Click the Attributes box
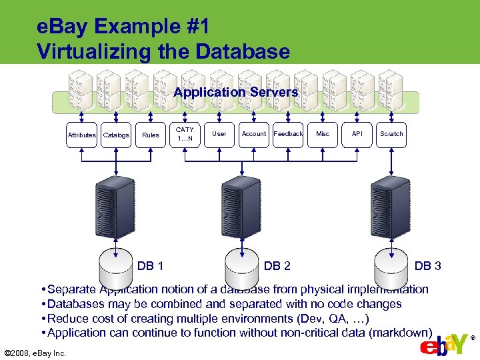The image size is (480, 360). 81,134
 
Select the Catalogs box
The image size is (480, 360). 116,134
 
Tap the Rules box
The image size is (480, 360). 151,134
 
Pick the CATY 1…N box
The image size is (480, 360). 185,134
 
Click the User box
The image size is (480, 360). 219,134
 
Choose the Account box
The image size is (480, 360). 253,134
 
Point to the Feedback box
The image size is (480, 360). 288,134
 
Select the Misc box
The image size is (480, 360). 323,134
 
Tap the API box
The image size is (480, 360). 357,134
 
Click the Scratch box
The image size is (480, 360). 391,134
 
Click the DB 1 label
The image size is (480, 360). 151,266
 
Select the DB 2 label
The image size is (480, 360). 277,266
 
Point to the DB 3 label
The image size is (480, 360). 427,266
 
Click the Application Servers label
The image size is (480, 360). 235,93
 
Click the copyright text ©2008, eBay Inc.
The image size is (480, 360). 35,353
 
